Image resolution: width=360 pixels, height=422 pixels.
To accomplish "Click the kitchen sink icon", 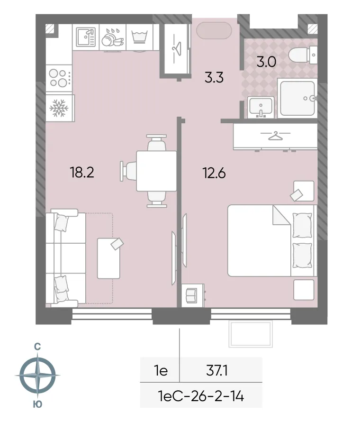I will pyautogui.click(x=85, y=37).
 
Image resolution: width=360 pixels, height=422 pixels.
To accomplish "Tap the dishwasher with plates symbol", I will pyautogui.click(x=113, y=37).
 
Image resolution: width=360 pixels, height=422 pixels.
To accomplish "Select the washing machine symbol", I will pyautogui.click(x=139, y=37).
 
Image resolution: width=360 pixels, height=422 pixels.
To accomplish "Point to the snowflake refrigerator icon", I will pyautogui.click(x=60, y=108).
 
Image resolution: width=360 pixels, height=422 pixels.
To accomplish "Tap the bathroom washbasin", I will pyautogui.click(x=260, y=107).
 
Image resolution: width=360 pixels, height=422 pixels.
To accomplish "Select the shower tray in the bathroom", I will pyautogui.click(x=297, y=98).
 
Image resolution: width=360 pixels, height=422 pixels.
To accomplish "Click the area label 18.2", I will pyautogui.click(x=82, y=172).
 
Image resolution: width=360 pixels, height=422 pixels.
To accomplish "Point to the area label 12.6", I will pyautogui.click(x=214, y=173).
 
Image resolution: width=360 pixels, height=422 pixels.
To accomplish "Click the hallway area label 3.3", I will pyautogui.click(x=214, y=77).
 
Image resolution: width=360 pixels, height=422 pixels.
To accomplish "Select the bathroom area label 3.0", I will pyautogui.click(x=266, y=62).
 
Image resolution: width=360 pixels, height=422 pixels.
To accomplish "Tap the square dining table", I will pyautogui.click(x=156, y=171).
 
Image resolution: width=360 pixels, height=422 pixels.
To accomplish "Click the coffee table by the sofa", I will pyautogui.click(x=108, y=258).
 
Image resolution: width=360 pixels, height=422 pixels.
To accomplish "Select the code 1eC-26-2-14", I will pyautogui.click(x=201, y=395).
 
